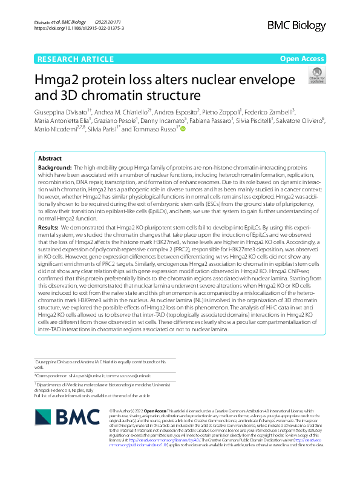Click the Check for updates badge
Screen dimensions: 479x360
[316, 76]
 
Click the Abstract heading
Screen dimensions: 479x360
[50, 157]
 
